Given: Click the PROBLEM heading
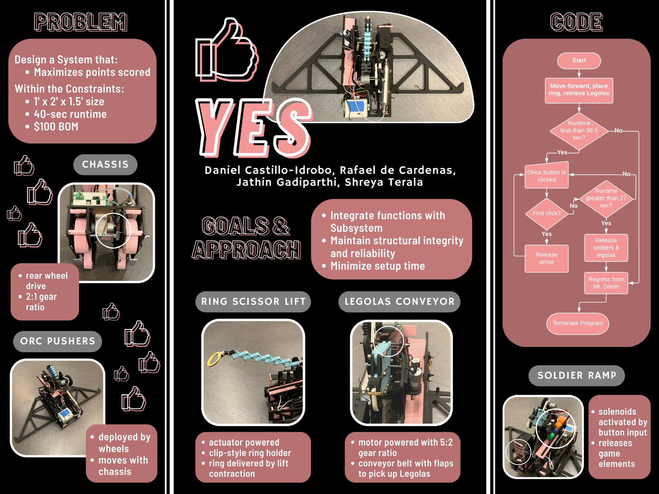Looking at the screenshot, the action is pos(80,22).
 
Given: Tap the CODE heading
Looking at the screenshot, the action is pos(577,22).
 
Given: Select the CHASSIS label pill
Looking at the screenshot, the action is pos(105,164).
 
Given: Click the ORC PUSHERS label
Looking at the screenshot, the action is pos(58,341).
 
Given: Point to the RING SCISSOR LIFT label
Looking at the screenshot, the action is pos(253,301).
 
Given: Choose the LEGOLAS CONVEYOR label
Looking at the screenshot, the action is pos(399,301).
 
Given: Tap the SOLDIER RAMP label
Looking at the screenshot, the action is pos(577,375).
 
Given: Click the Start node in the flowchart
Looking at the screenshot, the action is pos(579,61).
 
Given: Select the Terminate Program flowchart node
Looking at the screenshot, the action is pos(577,323).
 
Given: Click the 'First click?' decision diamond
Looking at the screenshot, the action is pos(547,214).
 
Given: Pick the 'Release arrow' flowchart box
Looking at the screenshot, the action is pos(547,258).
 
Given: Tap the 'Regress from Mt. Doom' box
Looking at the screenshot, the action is pos(606,283).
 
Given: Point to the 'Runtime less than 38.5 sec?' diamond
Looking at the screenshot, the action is pos(579,131).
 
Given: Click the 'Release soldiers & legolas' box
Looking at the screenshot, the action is pos(606,248).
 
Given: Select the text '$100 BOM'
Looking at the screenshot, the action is pos(56,126).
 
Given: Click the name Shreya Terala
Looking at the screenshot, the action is pos(384,182).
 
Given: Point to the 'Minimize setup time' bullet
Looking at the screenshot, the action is pos(378,266).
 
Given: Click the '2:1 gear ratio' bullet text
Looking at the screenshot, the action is pos(41,302).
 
